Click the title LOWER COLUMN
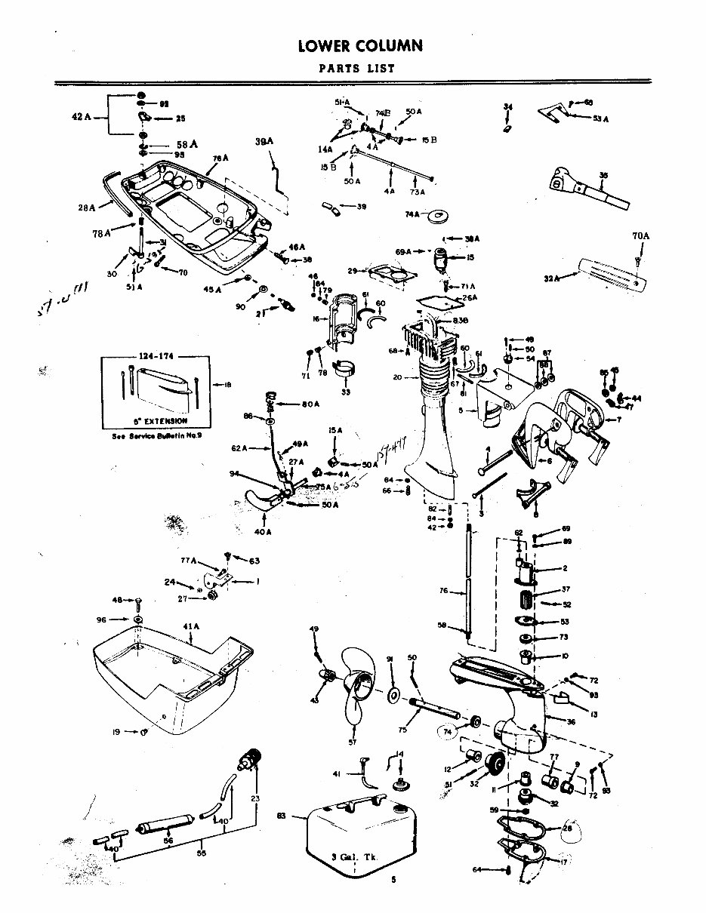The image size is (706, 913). (359, 47)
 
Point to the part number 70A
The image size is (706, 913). (640, 236)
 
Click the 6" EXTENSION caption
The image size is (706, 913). (156, 420)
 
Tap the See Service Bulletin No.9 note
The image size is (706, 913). (156, 436)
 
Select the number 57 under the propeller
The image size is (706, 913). (352, 743)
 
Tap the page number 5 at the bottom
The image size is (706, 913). (393, 880)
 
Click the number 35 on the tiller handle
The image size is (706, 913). (603, 175)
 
